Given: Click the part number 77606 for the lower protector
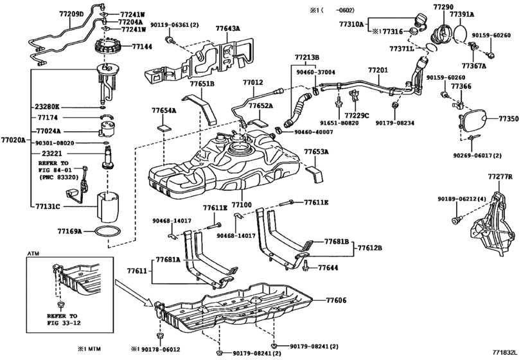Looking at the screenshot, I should click(x=336, y=300).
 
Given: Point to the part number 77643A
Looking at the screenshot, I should click(x=228, y=29).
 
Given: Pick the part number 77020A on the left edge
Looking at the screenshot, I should click(x=13, y=139).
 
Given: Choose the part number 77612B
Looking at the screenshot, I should click(x=370, y=248).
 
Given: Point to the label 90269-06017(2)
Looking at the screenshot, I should click(x=479, y=155).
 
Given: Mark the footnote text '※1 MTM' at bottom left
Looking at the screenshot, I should click(x=91, y=349).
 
